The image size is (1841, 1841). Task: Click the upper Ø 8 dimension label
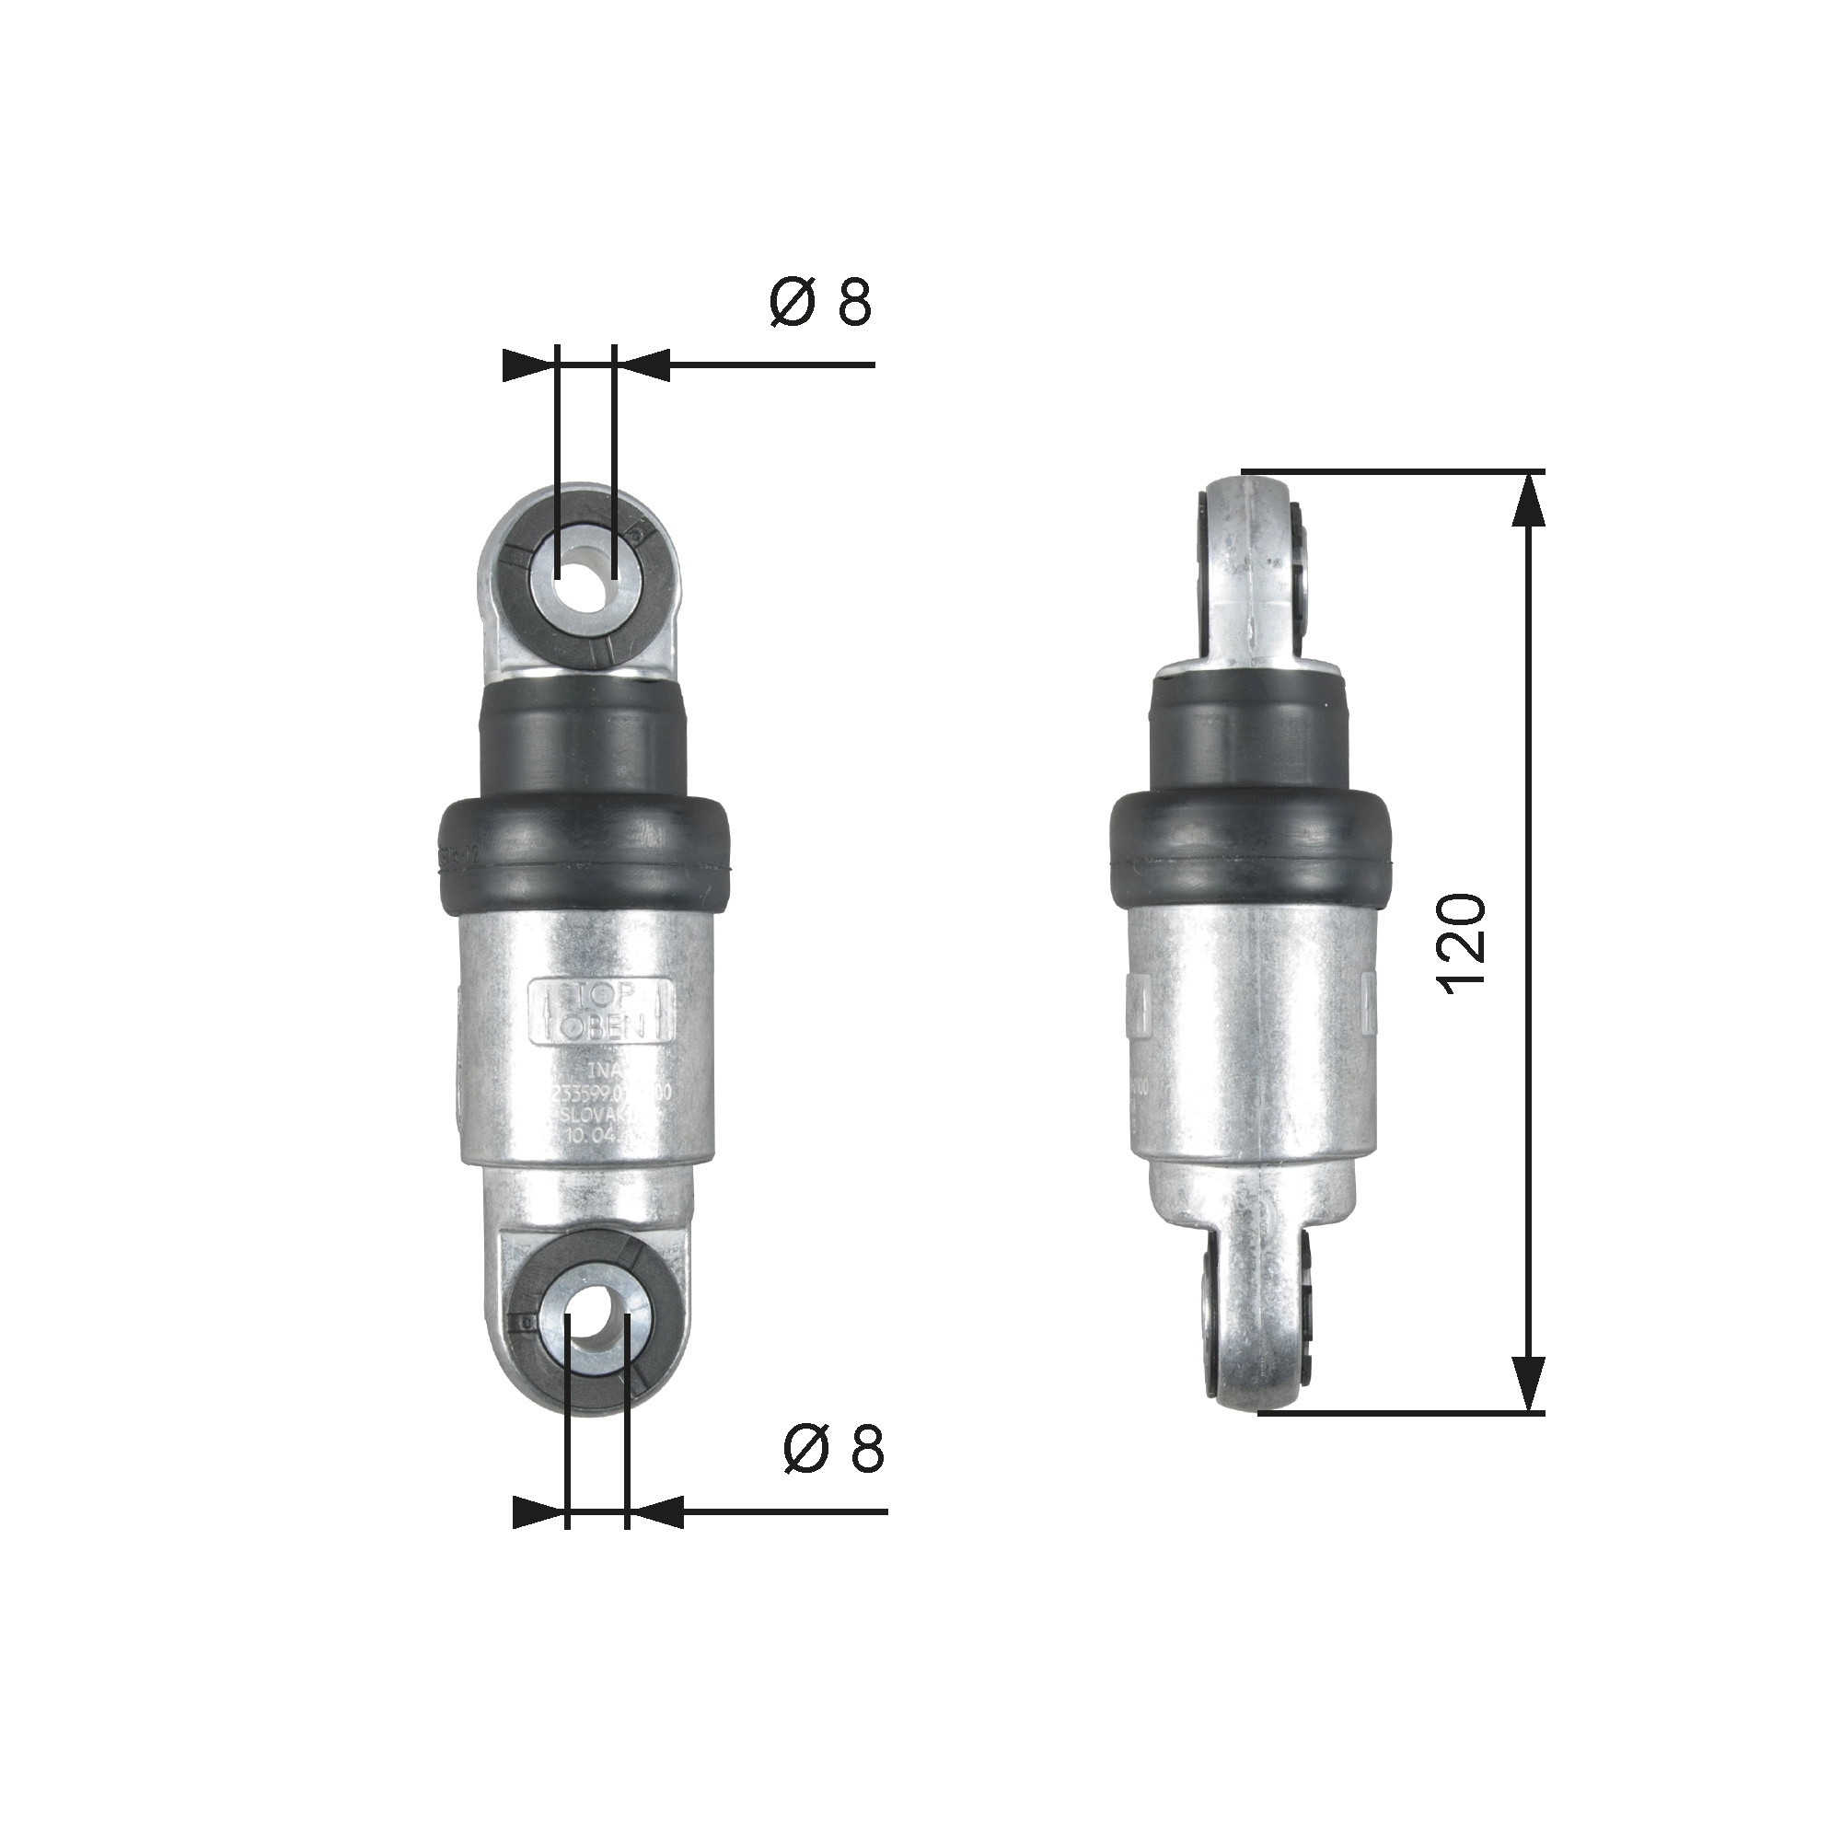(820, 303)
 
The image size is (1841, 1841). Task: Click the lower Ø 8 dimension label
(834, 1451)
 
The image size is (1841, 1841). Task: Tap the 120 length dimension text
(1460, 944)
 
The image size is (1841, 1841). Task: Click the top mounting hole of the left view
(585, 573)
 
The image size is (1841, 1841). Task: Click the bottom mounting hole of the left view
(596, 1318)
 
